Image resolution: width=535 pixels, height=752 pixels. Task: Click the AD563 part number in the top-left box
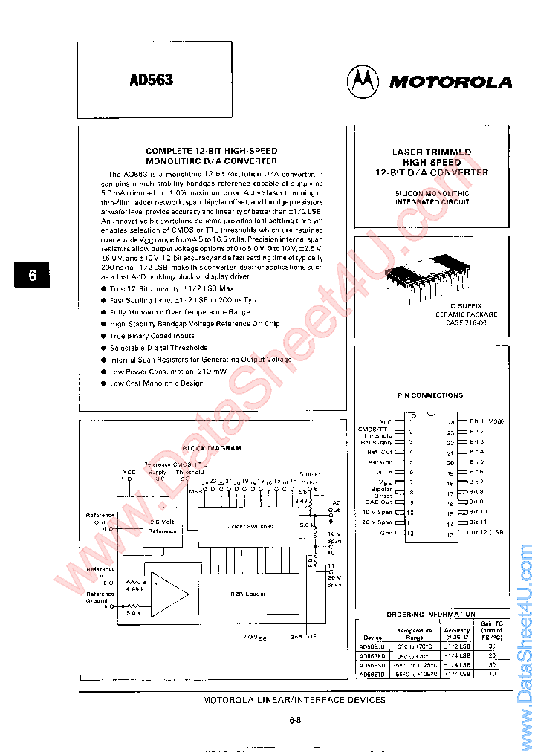(152, 80)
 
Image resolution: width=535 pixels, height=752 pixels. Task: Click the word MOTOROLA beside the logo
(450, 82)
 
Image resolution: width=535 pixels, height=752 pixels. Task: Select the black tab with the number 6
(32, 275)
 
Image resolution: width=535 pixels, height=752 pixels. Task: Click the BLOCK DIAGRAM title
(212, 449)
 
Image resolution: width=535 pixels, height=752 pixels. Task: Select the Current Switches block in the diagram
(248, 526)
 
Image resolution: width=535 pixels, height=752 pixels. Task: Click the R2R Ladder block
(248, 594)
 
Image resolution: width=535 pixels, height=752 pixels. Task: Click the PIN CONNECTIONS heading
(430, 395)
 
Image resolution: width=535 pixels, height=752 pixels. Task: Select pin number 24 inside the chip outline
(450, 422)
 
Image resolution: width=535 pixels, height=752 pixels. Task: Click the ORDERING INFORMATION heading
(431, 615)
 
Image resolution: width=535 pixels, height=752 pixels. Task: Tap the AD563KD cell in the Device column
(373, 656)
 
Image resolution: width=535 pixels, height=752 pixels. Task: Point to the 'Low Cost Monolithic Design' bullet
(156, 383)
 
